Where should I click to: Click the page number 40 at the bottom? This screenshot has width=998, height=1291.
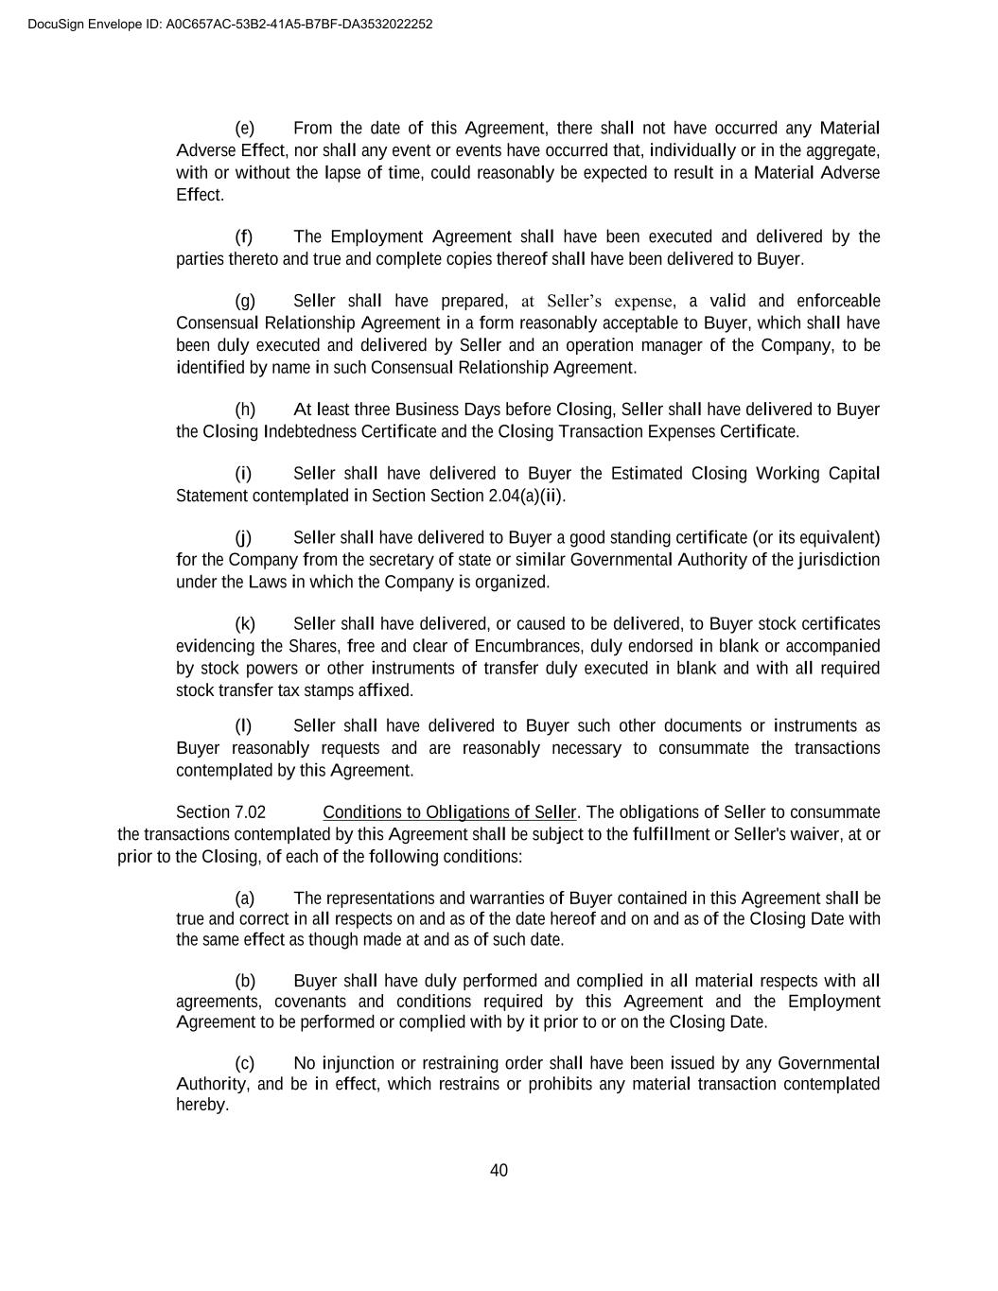coord(499,1171)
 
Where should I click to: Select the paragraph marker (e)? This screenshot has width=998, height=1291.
coord(244,129)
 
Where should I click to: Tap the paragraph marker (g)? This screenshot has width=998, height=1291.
coord(244,302)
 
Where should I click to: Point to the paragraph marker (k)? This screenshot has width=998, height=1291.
coord(244,624)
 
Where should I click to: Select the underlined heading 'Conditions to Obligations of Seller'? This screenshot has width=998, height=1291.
coord(449,813)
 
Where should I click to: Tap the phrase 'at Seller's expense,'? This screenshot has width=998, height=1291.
coord(599,302)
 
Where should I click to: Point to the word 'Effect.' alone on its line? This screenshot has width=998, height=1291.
coord(200,196)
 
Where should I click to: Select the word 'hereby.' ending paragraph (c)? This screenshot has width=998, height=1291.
coord(202,1106)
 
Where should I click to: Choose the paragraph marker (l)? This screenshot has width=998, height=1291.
coord(243,726)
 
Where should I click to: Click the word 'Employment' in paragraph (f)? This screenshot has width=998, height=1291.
coord(376,237)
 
